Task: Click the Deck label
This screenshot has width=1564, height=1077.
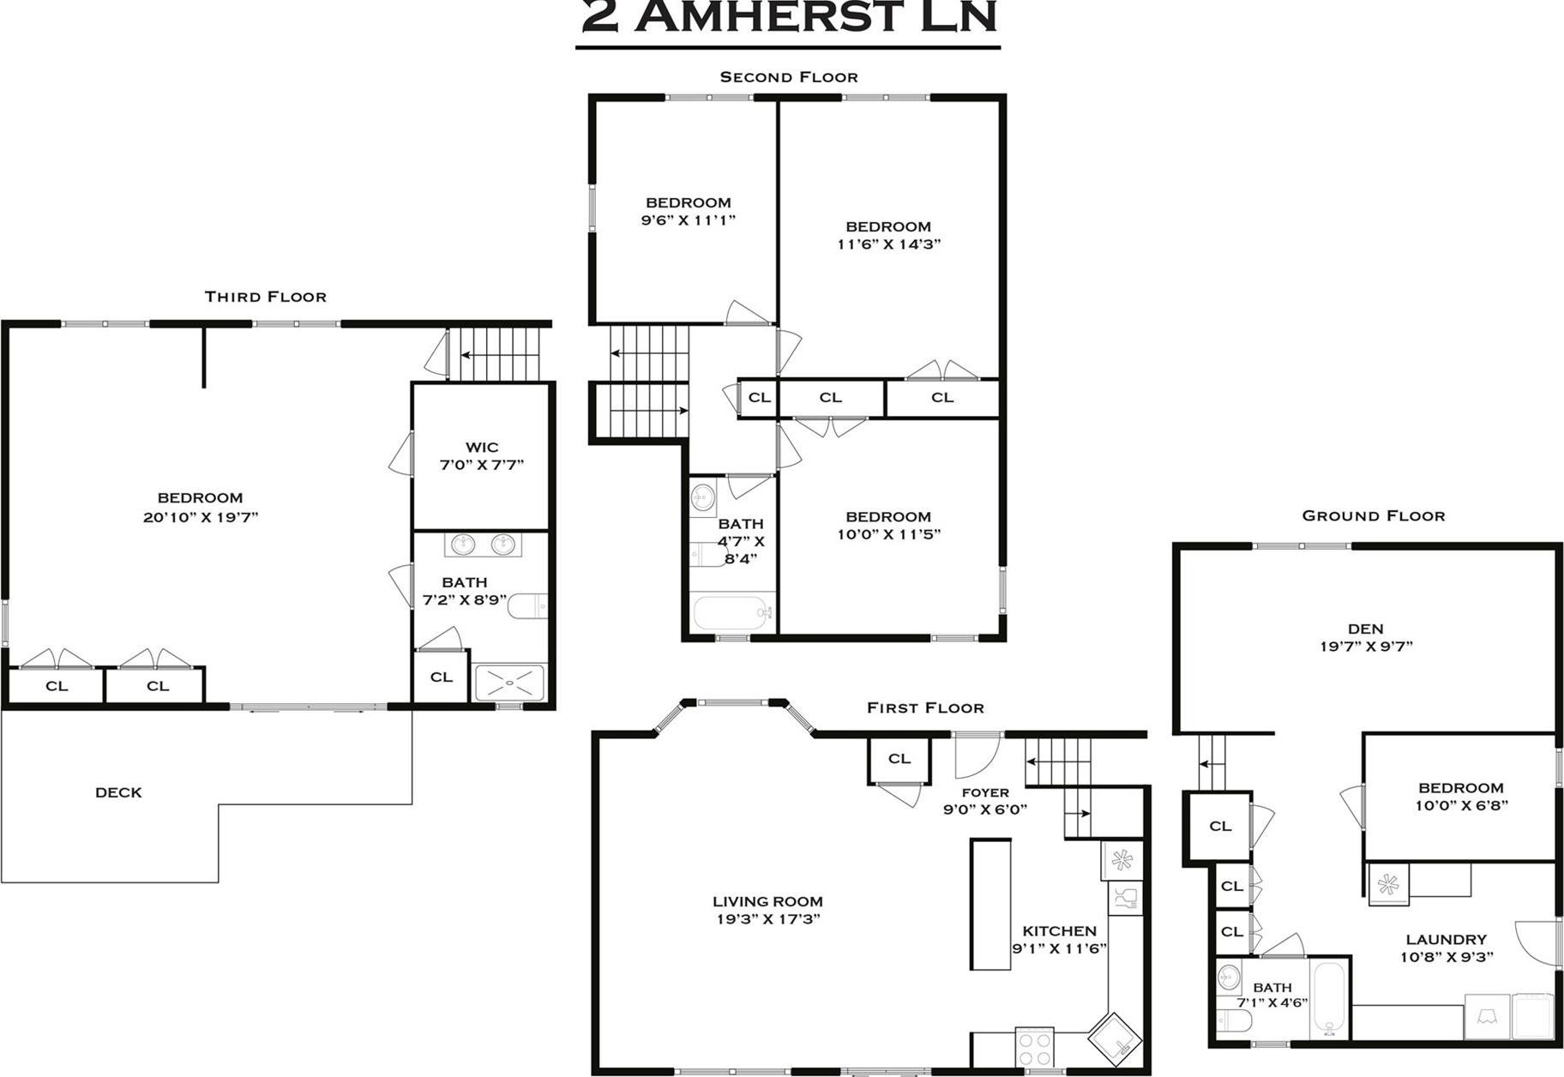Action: click(118, 792)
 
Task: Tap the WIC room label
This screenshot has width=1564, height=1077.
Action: click(481, 447)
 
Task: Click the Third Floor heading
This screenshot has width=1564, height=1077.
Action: click(265, 297)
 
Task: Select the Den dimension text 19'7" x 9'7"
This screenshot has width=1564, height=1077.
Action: click(1365, 647)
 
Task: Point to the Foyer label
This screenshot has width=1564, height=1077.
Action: click(984, 792)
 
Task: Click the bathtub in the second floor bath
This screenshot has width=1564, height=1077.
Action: click(733, 613)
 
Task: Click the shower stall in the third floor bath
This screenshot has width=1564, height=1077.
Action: click(509, 683)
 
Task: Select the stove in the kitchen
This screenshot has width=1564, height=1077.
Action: click(1034, 1047)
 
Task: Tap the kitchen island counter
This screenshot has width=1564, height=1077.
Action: click(990, 905)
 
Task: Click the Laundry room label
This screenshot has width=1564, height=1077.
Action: click(1446, 940)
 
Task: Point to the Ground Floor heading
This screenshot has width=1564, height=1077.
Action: click(1373, 516)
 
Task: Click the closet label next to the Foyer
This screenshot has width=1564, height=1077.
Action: click(899, 759)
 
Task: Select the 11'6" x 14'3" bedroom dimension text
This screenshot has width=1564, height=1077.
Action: click(888, 244)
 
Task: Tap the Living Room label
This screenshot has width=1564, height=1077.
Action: click(767, 901)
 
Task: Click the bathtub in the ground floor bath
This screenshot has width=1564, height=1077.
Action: click(1330, 1000)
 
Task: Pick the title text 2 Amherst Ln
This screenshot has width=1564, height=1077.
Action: click(788, 17)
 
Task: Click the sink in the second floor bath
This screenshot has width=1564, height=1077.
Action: click(703, 496)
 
